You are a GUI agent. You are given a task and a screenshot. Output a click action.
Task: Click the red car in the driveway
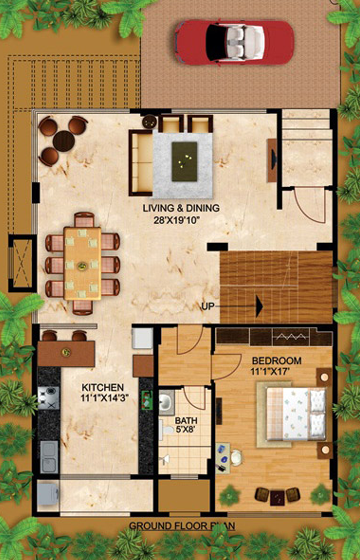pos(234,42)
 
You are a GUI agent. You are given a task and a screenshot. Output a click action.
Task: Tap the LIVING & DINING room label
pos(181,208)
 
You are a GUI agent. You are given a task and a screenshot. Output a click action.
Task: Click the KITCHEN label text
pos(102,388)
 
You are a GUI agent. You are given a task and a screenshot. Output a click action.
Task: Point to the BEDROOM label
pos(277,361)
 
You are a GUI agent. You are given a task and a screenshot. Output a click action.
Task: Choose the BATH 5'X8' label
pos(186,425)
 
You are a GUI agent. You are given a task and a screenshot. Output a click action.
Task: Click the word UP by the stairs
pos(209,306)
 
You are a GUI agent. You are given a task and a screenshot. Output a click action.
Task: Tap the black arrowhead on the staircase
pos(259,306)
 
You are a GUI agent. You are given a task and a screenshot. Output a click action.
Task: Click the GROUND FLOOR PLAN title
pos(182,526)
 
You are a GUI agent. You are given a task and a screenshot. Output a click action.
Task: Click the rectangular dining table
pos(82,264)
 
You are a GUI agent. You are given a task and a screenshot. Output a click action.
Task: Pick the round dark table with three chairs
pos(63,141)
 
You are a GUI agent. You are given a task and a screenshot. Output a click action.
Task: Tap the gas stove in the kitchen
pos(49,398)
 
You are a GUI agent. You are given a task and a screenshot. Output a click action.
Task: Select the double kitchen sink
pos(49,457)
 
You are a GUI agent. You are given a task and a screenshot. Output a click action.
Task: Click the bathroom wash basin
pos(166,402)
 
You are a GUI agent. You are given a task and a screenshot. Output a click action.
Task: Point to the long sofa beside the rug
pos(141,163)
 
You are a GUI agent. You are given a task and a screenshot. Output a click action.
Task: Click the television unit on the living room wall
pos(272,160)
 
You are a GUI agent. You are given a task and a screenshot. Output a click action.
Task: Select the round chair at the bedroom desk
pos(236,458)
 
